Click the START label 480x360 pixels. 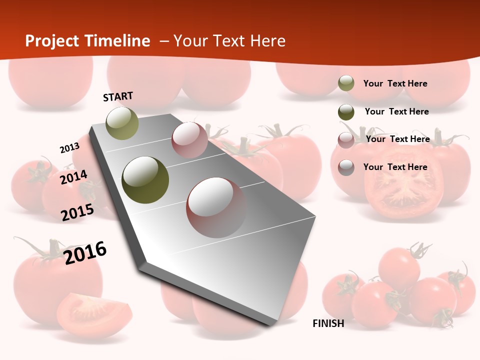tap(118, 96)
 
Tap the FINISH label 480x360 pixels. tap(328, 323)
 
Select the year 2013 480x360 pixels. tap(69, 148)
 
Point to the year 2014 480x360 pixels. tap(73, 177)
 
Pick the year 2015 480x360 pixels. tap(77, 212)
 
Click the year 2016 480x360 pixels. tap(85, 252)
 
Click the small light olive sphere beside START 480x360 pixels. tap(122, 123)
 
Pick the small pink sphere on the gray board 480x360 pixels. tap(189, 140)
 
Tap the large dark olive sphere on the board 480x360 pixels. tap(145, 179)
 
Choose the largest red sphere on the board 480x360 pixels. tap(216, 207)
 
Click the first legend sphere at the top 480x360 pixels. tap(346, 83)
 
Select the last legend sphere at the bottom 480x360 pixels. tap(346, 167)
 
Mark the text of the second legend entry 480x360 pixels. tap(396, 111)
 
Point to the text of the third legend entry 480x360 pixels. tap(397, 139)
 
